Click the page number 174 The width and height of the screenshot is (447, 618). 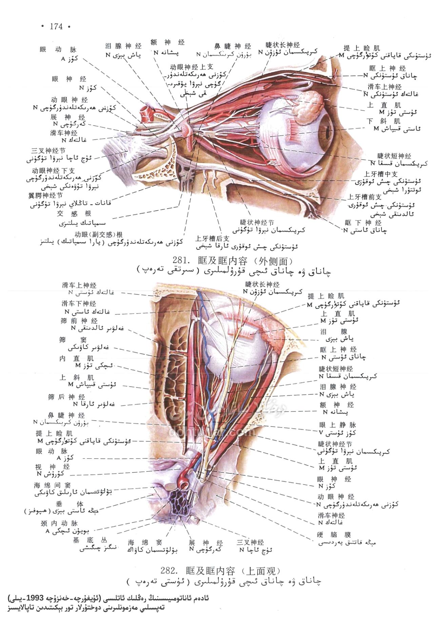(x=56, y=26)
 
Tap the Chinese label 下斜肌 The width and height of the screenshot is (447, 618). (x=384, y=121)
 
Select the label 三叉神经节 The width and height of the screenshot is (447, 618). (x=48, y=150)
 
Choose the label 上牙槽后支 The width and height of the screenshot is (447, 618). (x=212, y=239)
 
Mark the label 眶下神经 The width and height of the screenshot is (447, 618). (x=363, y=223)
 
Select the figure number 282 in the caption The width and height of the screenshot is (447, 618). (x=167, y=571)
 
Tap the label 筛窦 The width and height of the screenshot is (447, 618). (x=73, y=340)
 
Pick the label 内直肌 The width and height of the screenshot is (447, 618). (x=77, y=358)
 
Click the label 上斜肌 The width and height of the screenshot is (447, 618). (x=77, y=377)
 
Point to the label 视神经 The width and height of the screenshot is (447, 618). (x=52, y=467)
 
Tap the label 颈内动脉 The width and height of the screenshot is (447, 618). (x=59, y=523)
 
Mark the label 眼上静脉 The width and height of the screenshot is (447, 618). (x=337, y=425)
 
